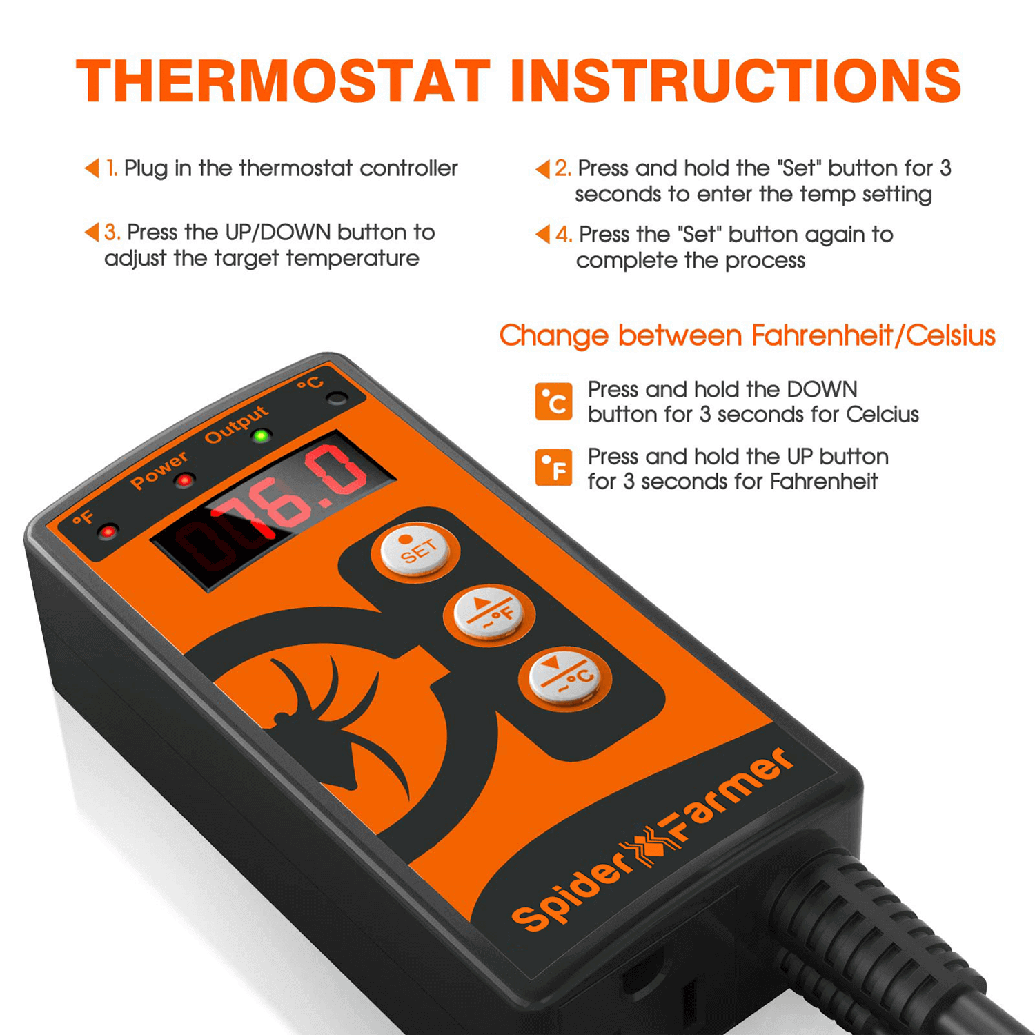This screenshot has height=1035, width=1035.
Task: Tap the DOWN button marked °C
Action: coord(565,677)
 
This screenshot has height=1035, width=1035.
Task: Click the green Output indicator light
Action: coord(262,436)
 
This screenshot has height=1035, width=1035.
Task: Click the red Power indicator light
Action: coord(184,480)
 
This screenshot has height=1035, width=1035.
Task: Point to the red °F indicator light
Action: coord(108,531)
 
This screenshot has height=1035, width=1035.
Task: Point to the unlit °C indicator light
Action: coord(337,398)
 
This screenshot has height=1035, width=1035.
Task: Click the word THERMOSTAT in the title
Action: coord(283,81)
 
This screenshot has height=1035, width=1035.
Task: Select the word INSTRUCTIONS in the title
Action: coord(736,81)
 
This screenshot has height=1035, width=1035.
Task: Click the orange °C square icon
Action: coord(553,402)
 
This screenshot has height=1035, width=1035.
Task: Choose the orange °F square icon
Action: coord(553,467)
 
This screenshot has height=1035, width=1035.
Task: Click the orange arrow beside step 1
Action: coord(92,168)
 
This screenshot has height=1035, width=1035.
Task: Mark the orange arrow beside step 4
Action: coord(543,234)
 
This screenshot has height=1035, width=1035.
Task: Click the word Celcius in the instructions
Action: coord(883,414)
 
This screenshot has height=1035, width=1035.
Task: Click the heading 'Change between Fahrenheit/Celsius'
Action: coord(747,336)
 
